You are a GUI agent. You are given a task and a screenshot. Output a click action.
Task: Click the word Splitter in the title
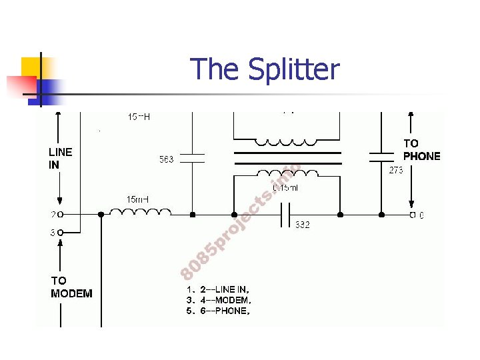click(293, 69)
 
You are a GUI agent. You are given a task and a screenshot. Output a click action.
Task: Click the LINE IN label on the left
click(60, 158)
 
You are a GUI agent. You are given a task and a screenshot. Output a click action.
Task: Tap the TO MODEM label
click(71, 287)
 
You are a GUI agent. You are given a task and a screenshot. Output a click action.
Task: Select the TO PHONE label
click(421, 150)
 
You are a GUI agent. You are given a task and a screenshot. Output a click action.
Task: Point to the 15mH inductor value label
click(138, 199)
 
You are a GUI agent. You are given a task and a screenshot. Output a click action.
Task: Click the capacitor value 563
click(166, 159)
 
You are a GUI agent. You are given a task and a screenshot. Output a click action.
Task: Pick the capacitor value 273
click(396, 170)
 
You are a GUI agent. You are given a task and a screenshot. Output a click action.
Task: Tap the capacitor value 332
click(302, 225)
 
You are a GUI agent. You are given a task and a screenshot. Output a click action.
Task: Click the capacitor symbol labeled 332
click(285, 215)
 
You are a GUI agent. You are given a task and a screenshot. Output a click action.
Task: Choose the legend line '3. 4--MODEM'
click(218, 300)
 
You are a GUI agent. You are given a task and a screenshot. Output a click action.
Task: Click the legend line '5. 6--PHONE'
click(218, 311)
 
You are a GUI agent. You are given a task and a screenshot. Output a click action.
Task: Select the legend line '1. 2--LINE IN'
click(218, 289)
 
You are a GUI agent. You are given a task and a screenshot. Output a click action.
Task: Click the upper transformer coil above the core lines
click(287, 142)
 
